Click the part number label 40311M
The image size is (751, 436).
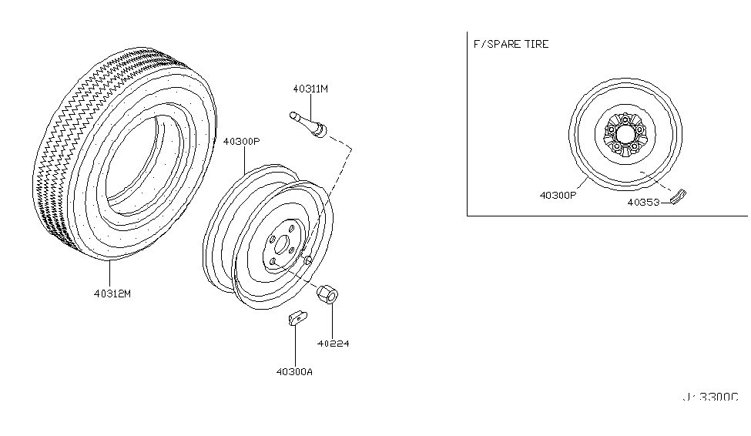point(310,89)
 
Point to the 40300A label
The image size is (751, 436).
point(293,373)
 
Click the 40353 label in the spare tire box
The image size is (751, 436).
point(642,203)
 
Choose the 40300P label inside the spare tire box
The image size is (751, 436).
point(557,195)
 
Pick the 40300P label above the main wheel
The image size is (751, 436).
point(242,142)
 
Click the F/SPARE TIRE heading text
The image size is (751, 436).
point(511,44)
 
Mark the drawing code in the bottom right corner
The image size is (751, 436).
point(709,397)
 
